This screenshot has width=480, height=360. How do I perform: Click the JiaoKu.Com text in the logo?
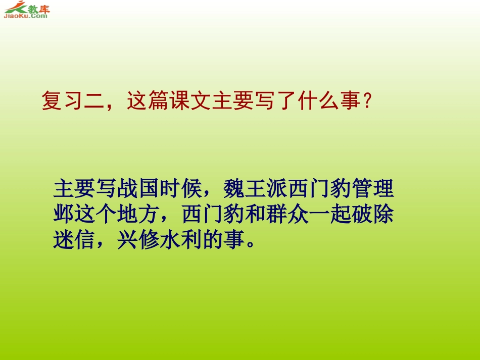pos(25,16)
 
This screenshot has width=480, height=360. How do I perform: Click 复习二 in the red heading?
pos(73,102)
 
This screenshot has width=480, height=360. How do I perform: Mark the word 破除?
pos(372,214)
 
